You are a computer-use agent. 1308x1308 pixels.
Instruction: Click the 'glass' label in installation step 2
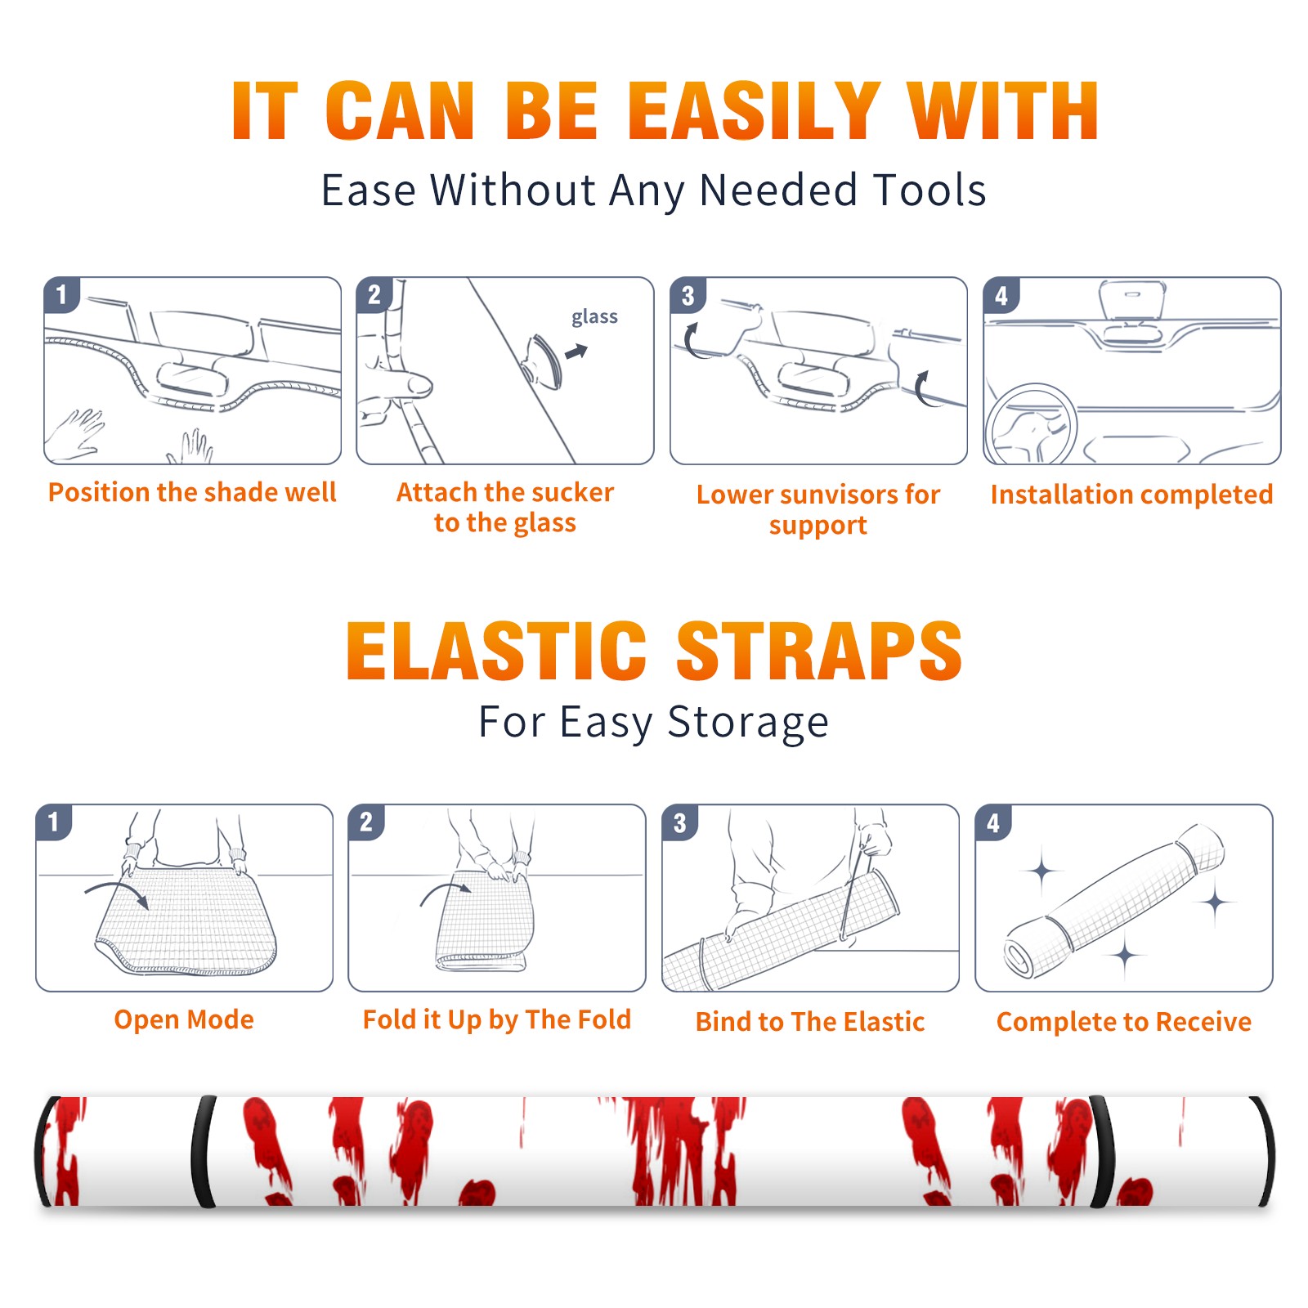click(594, 316)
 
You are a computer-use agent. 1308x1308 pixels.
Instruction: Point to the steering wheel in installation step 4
click(1031, 423)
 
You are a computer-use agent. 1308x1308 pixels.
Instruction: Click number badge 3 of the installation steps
click(688, 295)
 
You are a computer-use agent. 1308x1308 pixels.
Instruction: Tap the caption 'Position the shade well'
click(192, 492)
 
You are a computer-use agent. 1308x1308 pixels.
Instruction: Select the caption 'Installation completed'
click(1131, 495)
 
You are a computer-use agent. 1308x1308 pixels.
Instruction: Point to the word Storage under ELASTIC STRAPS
click(747, 723)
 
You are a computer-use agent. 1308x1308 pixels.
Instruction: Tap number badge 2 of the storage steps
click(366, 822)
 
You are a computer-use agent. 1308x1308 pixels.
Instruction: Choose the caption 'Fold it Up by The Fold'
click(497, 1019)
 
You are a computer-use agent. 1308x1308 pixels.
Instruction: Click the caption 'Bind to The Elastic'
click(810, 1022)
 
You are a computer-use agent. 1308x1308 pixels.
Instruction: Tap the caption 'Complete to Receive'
click(1124, 1022)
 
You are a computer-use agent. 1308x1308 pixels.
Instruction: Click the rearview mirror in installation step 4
click(1132, 299)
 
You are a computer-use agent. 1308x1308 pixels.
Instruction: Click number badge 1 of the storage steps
click(54, 822)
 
